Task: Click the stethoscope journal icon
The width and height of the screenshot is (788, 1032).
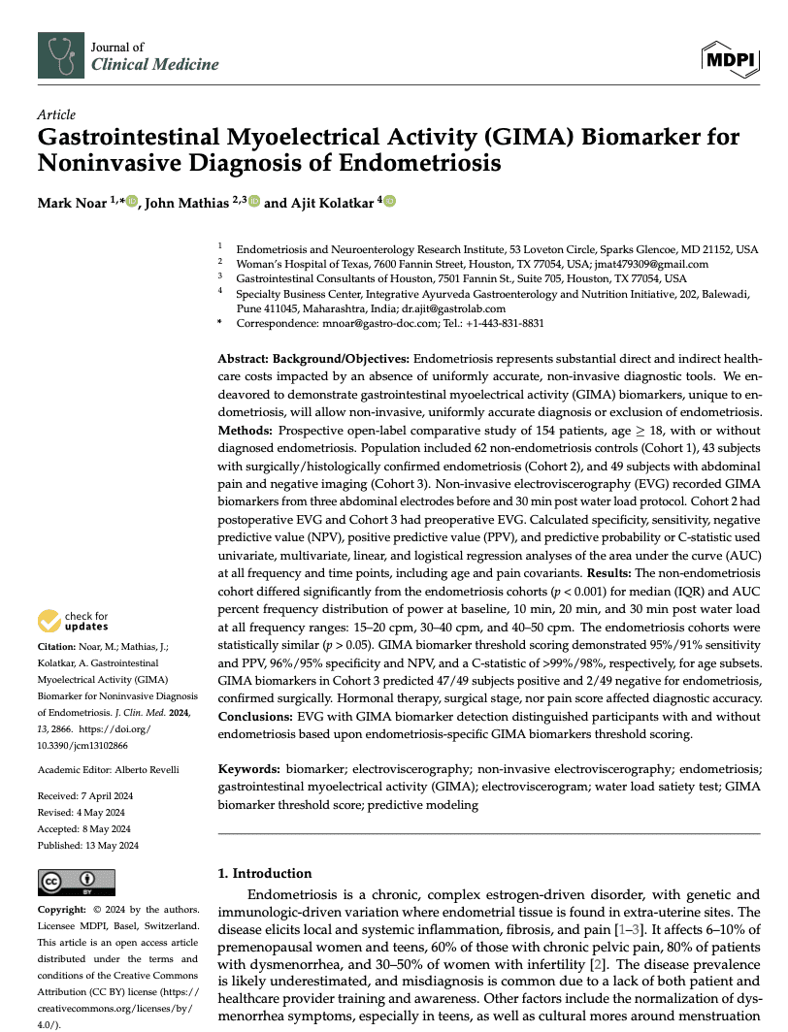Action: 60,55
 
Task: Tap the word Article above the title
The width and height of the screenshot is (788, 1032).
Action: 56,114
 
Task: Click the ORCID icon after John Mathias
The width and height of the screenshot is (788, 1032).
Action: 254,202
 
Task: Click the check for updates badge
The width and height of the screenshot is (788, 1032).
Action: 73,622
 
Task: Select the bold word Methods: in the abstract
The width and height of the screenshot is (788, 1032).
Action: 246,429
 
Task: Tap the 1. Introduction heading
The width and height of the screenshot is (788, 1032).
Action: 265,873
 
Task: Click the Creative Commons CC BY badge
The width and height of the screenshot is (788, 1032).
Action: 76,882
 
